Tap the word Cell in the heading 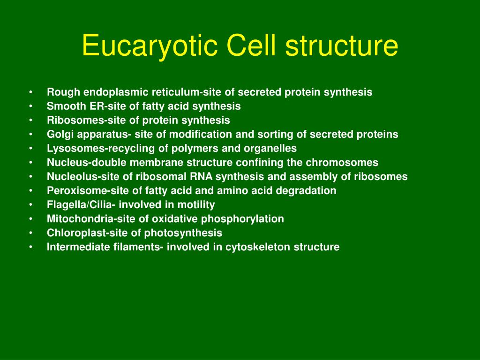[249, 46]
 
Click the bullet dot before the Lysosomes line [30, 149]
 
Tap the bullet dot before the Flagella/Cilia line [30, 205]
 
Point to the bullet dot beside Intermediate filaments [30, 247]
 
